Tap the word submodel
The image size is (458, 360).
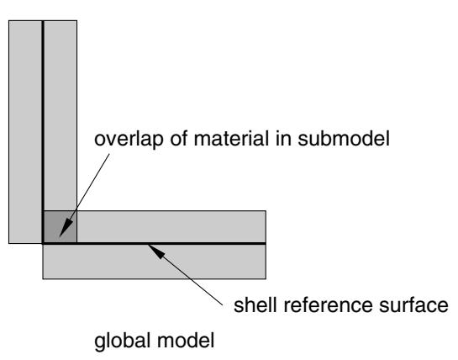click(x=344, y=138)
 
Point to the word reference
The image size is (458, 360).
click(x=328, y=305)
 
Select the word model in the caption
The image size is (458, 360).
click(x=186, y=341)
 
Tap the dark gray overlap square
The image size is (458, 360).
click(x=61, y=226)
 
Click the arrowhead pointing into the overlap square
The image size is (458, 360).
click(x=66, y=227)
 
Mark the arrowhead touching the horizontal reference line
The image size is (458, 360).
click(x=156, y=251)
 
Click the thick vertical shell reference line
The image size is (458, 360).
click(x=43, y=131)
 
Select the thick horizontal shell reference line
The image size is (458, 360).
click(x=155, y=243)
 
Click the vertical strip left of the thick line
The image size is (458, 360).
click(x=25, y=131)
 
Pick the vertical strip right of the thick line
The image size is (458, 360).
click(x=61, y=115)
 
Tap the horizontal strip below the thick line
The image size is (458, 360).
click(x=155, y=262)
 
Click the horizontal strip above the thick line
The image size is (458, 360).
click(x=171, y=226)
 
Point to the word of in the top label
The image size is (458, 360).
click(x=178, y=138)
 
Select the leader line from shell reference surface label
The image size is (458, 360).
click(x=186, y=275)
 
